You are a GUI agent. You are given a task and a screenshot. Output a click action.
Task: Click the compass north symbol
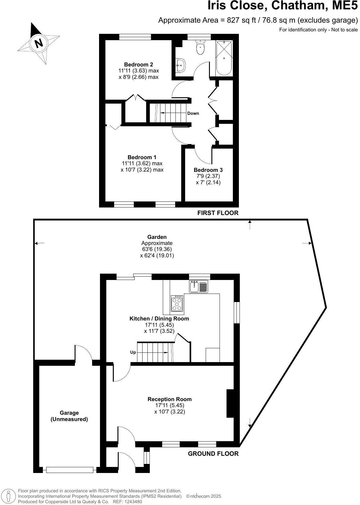point(39,43)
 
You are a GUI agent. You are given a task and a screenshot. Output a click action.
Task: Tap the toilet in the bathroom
point(200,47)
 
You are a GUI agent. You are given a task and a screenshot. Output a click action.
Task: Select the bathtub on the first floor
point(224,58)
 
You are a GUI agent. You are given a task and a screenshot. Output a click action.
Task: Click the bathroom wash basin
point(181,65)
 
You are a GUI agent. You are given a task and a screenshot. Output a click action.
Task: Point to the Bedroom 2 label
point(138,64)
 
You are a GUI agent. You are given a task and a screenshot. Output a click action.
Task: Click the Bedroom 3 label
point(208,170)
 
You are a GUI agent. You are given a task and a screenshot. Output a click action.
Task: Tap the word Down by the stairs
point(193,113)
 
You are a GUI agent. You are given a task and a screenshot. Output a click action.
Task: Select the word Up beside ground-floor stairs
point(133,352)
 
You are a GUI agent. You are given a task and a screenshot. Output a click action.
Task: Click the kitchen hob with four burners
point(177,304)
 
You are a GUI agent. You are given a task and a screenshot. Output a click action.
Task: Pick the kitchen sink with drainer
point(199,286)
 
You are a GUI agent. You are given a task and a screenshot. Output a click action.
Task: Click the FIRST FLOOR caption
point(218,213)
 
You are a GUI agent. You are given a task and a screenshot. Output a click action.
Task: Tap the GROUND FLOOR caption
point(213,453)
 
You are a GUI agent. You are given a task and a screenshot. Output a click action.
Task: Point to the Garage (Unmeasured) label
point(69,416)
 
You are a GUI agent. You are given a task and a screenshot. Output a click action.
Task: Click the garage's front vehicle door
point(69,470)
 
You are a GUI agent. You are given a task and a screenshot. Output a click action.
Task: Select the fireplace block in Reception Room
point(230,403)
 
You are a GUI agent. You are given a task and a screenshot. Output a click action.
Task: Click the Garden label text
point(157,237)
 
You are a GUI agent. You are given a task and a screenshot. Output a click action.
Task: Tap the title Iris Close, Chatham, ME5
point(283,6)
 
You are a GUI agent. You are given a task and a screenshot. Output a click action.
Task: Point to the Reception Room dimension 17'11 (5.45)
point(169,405)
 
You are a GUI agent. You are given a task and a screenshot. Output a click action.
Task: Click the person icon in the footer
point(8,496)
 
